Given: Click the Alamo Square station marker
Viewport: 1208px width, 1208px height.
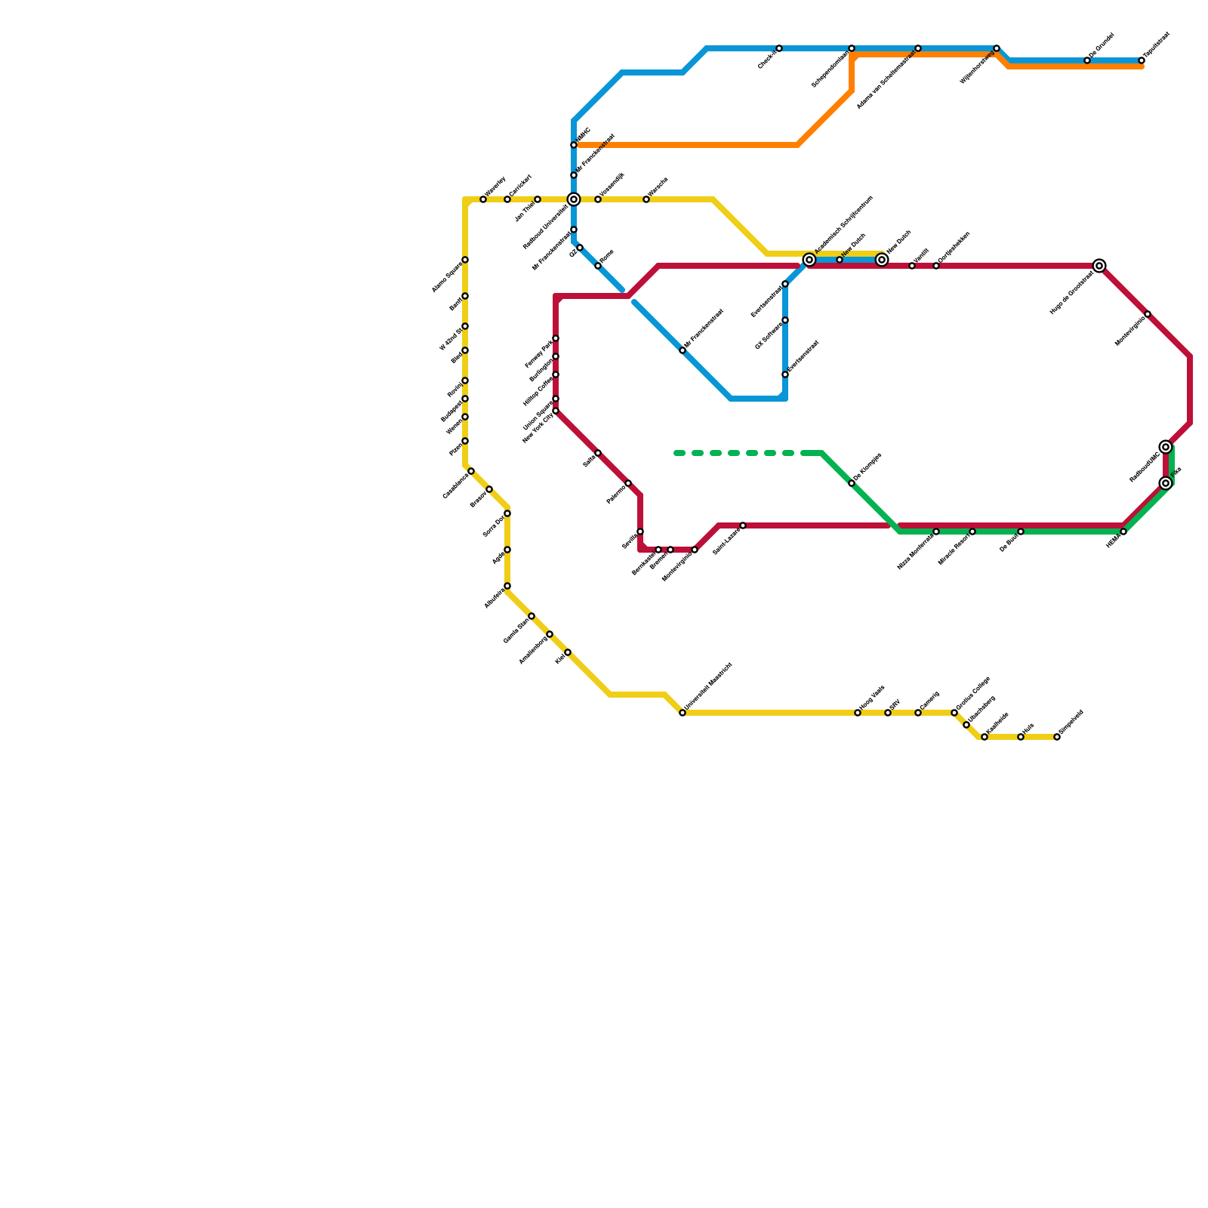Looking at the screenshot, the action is [x=465, y=260].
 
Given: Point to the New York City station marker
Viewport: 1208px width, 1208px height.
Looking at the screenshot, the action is [x=556, y=411].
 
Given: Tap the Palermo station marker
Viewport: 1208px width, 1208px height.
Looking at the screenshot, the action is [x=628, y=483].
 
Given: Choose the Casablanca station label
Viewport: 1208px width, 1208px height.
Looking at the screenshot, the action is [x=455, y=485].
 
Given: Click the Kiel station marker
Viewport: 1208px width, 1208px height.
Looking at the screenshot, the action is [x=568, y=652].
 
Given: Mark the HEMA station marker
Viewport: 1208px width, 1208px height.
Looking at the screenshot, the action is [x=1123, y=532].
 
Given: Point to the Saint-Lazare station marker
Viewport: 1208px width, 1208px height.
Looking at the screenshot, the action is [x=743, y=525].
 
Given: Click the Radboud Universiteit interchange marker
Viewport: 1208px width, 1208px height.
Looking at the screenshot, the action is [x=574, y=199].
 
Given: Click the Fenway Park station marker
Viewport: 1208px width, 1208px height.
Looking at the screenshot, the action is [x=556, y=338].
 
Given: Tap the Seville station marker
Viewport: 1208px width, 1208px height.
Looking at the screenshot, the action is [x=640, y=532].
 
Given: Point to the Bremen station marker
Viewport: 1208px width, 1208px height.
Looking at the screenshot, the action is [x=670, y=550].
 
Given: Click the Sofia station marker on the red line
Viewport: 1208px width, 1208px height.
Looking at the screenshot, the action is [x=598, y=453].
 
